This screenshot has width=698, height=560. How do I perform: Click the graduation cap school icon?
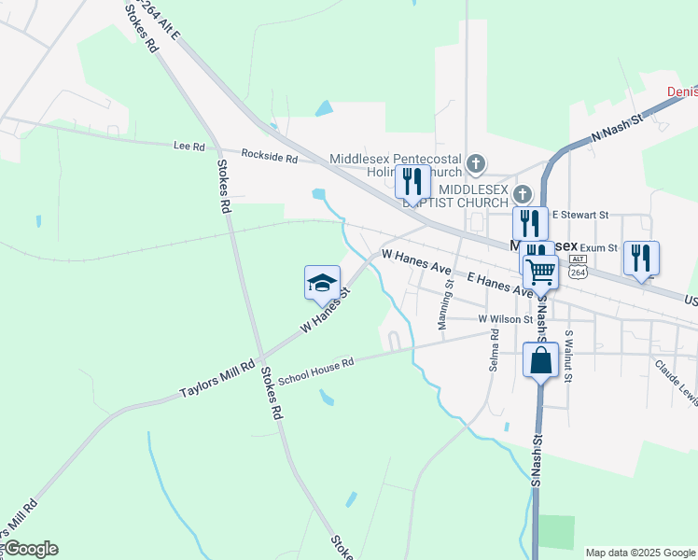pyautogui.click(x=322, y=283)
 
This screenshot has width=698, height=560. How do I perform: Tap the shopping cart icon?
pyautogui.click(x=540, y=272)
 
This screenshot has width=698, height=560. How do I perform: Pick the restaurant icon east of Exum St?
pyautogui.click(x=641, y=259)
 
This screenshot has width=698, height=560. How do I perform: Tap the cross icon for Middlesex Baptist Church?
pyautogui.click(x=523, y=194)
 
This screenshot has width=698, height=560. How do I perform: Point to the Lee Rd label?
pyautogui.click(x=188, y=146)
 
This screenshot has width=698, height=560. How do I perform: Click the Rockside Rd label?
pyautogui.click(x=269, y=156)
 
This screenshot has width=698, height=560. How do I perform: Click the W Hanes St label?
pyautogui.click(x=325, y=311)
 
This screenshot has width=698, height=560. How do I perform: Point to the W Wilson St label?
pyautogui.click(x=505, y=319)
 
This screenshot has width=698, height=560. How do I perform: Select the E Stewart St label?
pyautogui.click(x=579, y=215)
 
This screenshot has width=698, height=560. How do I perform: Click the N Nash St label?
pyautogui.click(x=618, y=130)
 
